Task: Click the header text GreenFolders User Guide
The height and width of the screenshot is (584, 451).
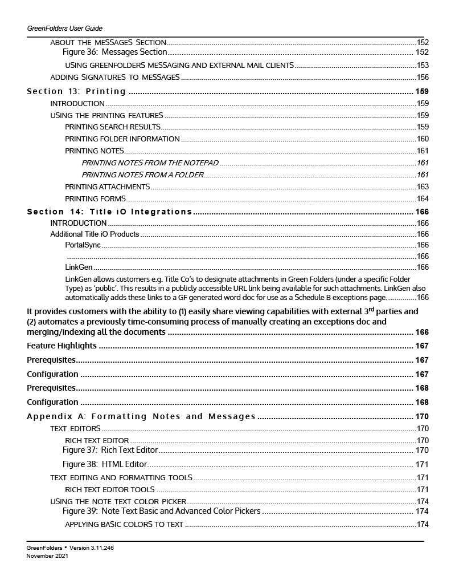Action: tap(64, 28)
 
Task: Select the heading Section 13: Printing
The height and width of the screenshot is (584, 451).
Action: tap(76, 91)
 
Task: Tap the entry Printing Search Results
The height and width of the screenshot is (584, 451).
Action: tap(112, 127)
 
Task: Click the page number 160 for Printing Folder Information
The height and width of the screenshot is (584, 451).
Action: tap(423, 139)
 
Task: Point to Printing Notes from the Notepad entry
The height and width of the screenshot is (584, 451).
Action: tap(150, 163)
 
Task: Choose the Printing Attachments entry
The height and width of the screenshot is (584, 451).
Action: tap(108, 186)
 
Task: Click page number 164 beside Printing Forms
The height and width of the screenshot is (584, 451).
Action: tap(423, 198)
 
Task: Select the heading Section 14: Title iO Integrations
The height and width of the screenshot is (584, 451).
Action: tap(109, 212)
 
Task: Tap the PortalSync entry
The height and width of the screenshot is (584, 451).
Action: tap(83, 245)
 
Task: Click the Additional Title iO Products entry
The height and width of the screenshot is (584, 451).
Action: tap(95, 234)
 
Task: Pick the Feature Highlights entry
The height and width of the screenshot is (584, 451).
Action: tap(61, 346)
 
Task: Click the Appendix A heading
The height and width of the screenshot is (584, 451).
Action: tap(141, 416)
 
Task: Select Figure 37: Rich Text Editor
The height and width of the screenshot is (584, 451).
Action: tap(110, 451)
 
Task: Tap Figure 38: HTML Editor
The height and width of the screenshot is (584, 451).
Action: tap(105, 464)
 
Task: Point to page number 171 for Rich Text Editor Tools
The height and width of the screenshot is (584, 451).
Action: tap(423, 489)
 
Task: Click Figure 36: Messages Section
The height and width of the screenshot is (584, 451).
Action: tap(114, 52)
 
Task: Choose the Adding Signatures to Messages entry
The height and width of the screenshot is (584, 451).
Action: tap(115, 77)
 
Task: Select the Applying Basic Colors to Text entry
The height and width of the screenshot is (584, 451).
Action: tap(124, 524)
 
